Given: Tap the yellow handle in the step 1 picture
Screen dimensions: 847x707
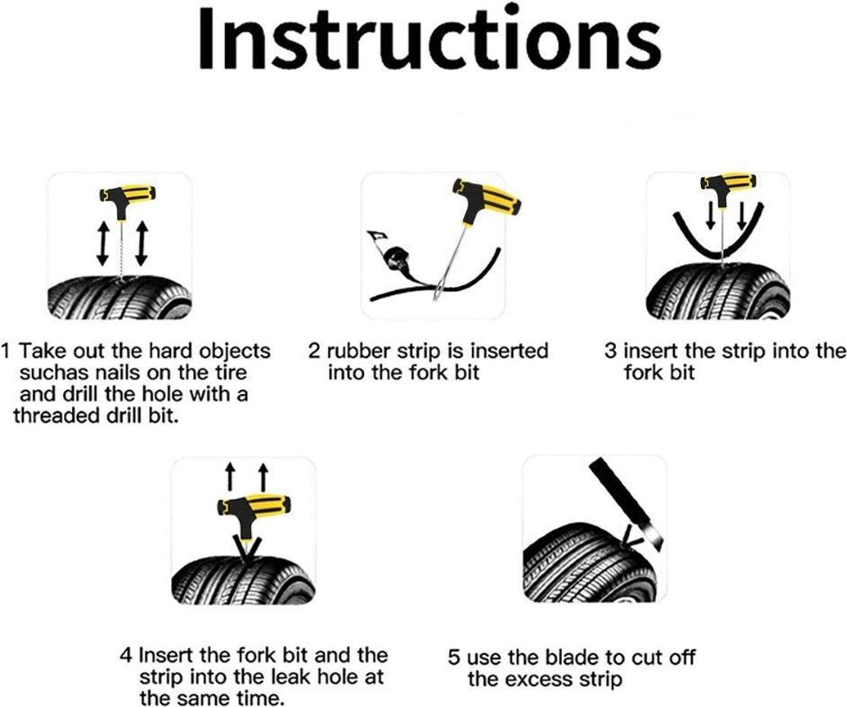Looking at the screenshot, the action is [x=128, y=195].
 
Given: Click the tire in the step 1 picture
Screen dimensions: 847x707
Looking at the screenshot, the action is [x=120, y=298].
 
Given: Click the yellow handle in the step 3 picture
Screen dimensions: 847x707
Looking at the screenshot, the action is [x=727, y=182].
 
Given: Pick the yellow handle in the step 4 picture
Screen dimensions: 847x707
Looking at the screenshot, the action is [x=252, y=506].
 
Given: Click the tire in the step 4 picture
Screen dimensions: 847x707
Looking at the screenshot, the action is [x=243, y=581].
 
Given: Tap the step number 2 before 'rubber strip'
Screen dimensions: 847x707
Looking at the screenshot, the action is [x=314, y=352].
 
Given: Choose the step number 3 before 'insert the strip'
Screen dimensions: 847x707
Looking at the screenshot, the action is [x=611, y=352].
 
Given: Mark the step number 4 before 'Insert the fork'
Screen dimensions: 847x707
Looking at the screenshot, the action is [x=126, y=656].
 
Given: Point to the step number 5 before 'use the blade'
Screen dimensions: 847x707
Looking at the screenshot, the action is [x=454, y=658].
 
